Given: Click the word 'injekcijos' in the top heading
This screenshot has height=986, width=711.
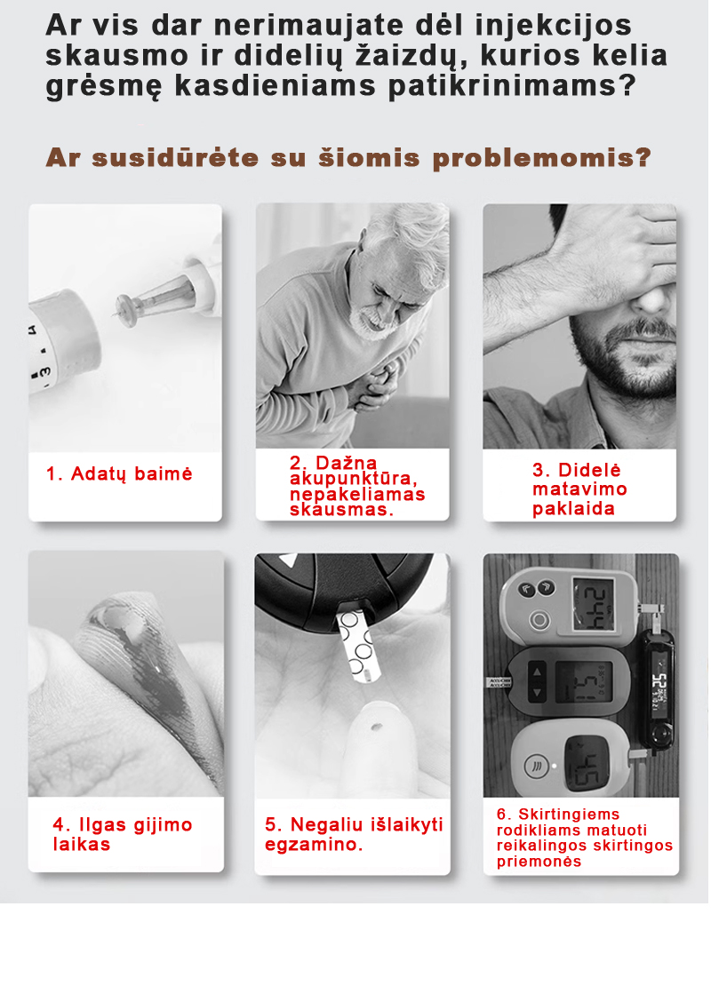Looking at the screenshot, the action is pyautogui.click(x=553, y=26).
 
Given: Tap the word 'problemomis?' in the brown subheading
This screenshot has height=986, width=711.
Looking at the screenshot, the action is pyautogui.click(x=542, y=158).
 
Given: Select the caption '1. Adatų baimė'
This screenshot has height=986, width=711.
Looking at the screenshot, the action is pyautogui.click(x=119, y=474).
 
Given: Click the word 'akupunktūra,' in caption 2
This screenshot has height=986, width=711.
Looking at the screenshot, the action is pyautogui.click(x=354, y=479).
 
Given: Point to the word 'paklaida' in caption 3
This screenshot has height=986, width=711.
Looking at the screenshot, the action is pyautogui.click(x=573, y=508).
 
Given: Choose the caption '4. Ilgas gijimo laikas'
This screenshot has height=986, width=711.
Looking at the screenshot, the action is pyautogui.click(x=123, y=834).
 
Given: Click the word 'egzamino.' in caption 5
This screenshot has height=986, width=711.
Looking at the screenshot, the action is pyautogui.click(x=314, y=845).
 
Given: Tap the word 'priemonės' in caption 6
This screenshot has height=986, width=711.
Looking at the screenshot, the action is pyautogui.click(x=539, y=862).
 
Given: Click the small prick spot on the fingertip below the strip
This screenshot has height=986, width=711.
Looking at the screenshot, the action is pyautogui.click(x=376, y=727).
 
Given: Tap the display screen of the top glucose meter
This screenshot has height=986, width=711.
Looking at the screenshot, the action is pyautogui.click(x=594, y=604).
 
